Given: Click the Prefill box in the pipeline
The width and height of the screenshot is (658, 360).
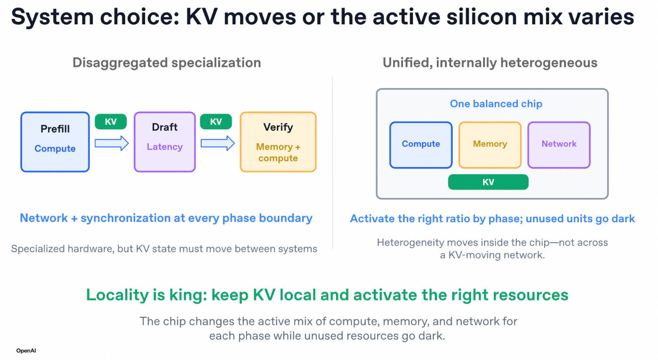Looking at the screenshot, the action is coord(55,142).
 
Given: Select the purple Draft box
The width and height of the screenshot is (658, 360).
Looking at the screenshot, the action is coord(165,142).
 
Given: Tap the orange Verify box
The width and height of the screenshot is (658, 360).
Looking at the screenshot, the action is coord(278,142).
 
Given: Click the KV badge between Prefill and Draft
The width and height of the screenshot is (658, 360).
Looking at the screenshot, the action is coord(111,122).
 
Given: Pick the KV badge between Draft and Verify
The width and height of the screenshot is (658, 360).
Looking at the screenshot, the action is coord(216,122).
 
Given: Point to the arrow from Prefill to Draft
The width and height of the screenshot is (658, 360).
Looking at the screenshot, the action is coord(112,143).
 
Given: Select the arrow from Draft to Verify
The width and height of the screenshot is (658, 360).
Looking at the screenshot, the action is coord(218,143).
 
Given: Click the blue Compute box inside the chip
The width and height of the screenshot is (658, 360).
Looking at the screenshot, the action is coord(421,145).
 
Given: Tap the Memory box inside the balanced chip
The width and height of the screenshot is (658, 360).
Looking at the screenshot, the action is coord(490,145).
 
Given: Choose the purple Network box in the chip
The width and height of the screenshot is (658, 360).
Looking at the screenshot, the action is coord(559,145).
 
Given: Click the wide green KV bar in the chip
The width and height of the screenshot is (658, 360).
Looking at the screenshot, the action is coord(488,182).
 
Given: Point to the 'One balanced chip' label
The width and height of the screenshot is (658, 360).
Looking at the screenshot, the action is coord(496,104).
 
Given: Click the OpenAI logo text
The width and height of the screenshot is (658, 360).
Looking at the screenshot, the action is coord(26,351).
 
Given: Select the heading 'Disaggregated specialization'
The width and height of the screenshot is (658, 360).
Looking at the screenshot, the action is coord(167,63).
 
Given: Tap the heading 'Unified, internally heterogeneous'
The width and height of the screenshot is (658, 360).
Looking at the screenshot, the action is coord(490,63).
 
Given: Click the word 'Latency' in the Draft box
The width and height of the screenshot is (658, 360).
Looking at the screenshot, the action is coord(165,147).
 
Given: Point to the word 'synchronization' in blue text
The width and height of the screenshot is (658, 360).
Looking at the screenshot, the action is coord(125,218).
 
